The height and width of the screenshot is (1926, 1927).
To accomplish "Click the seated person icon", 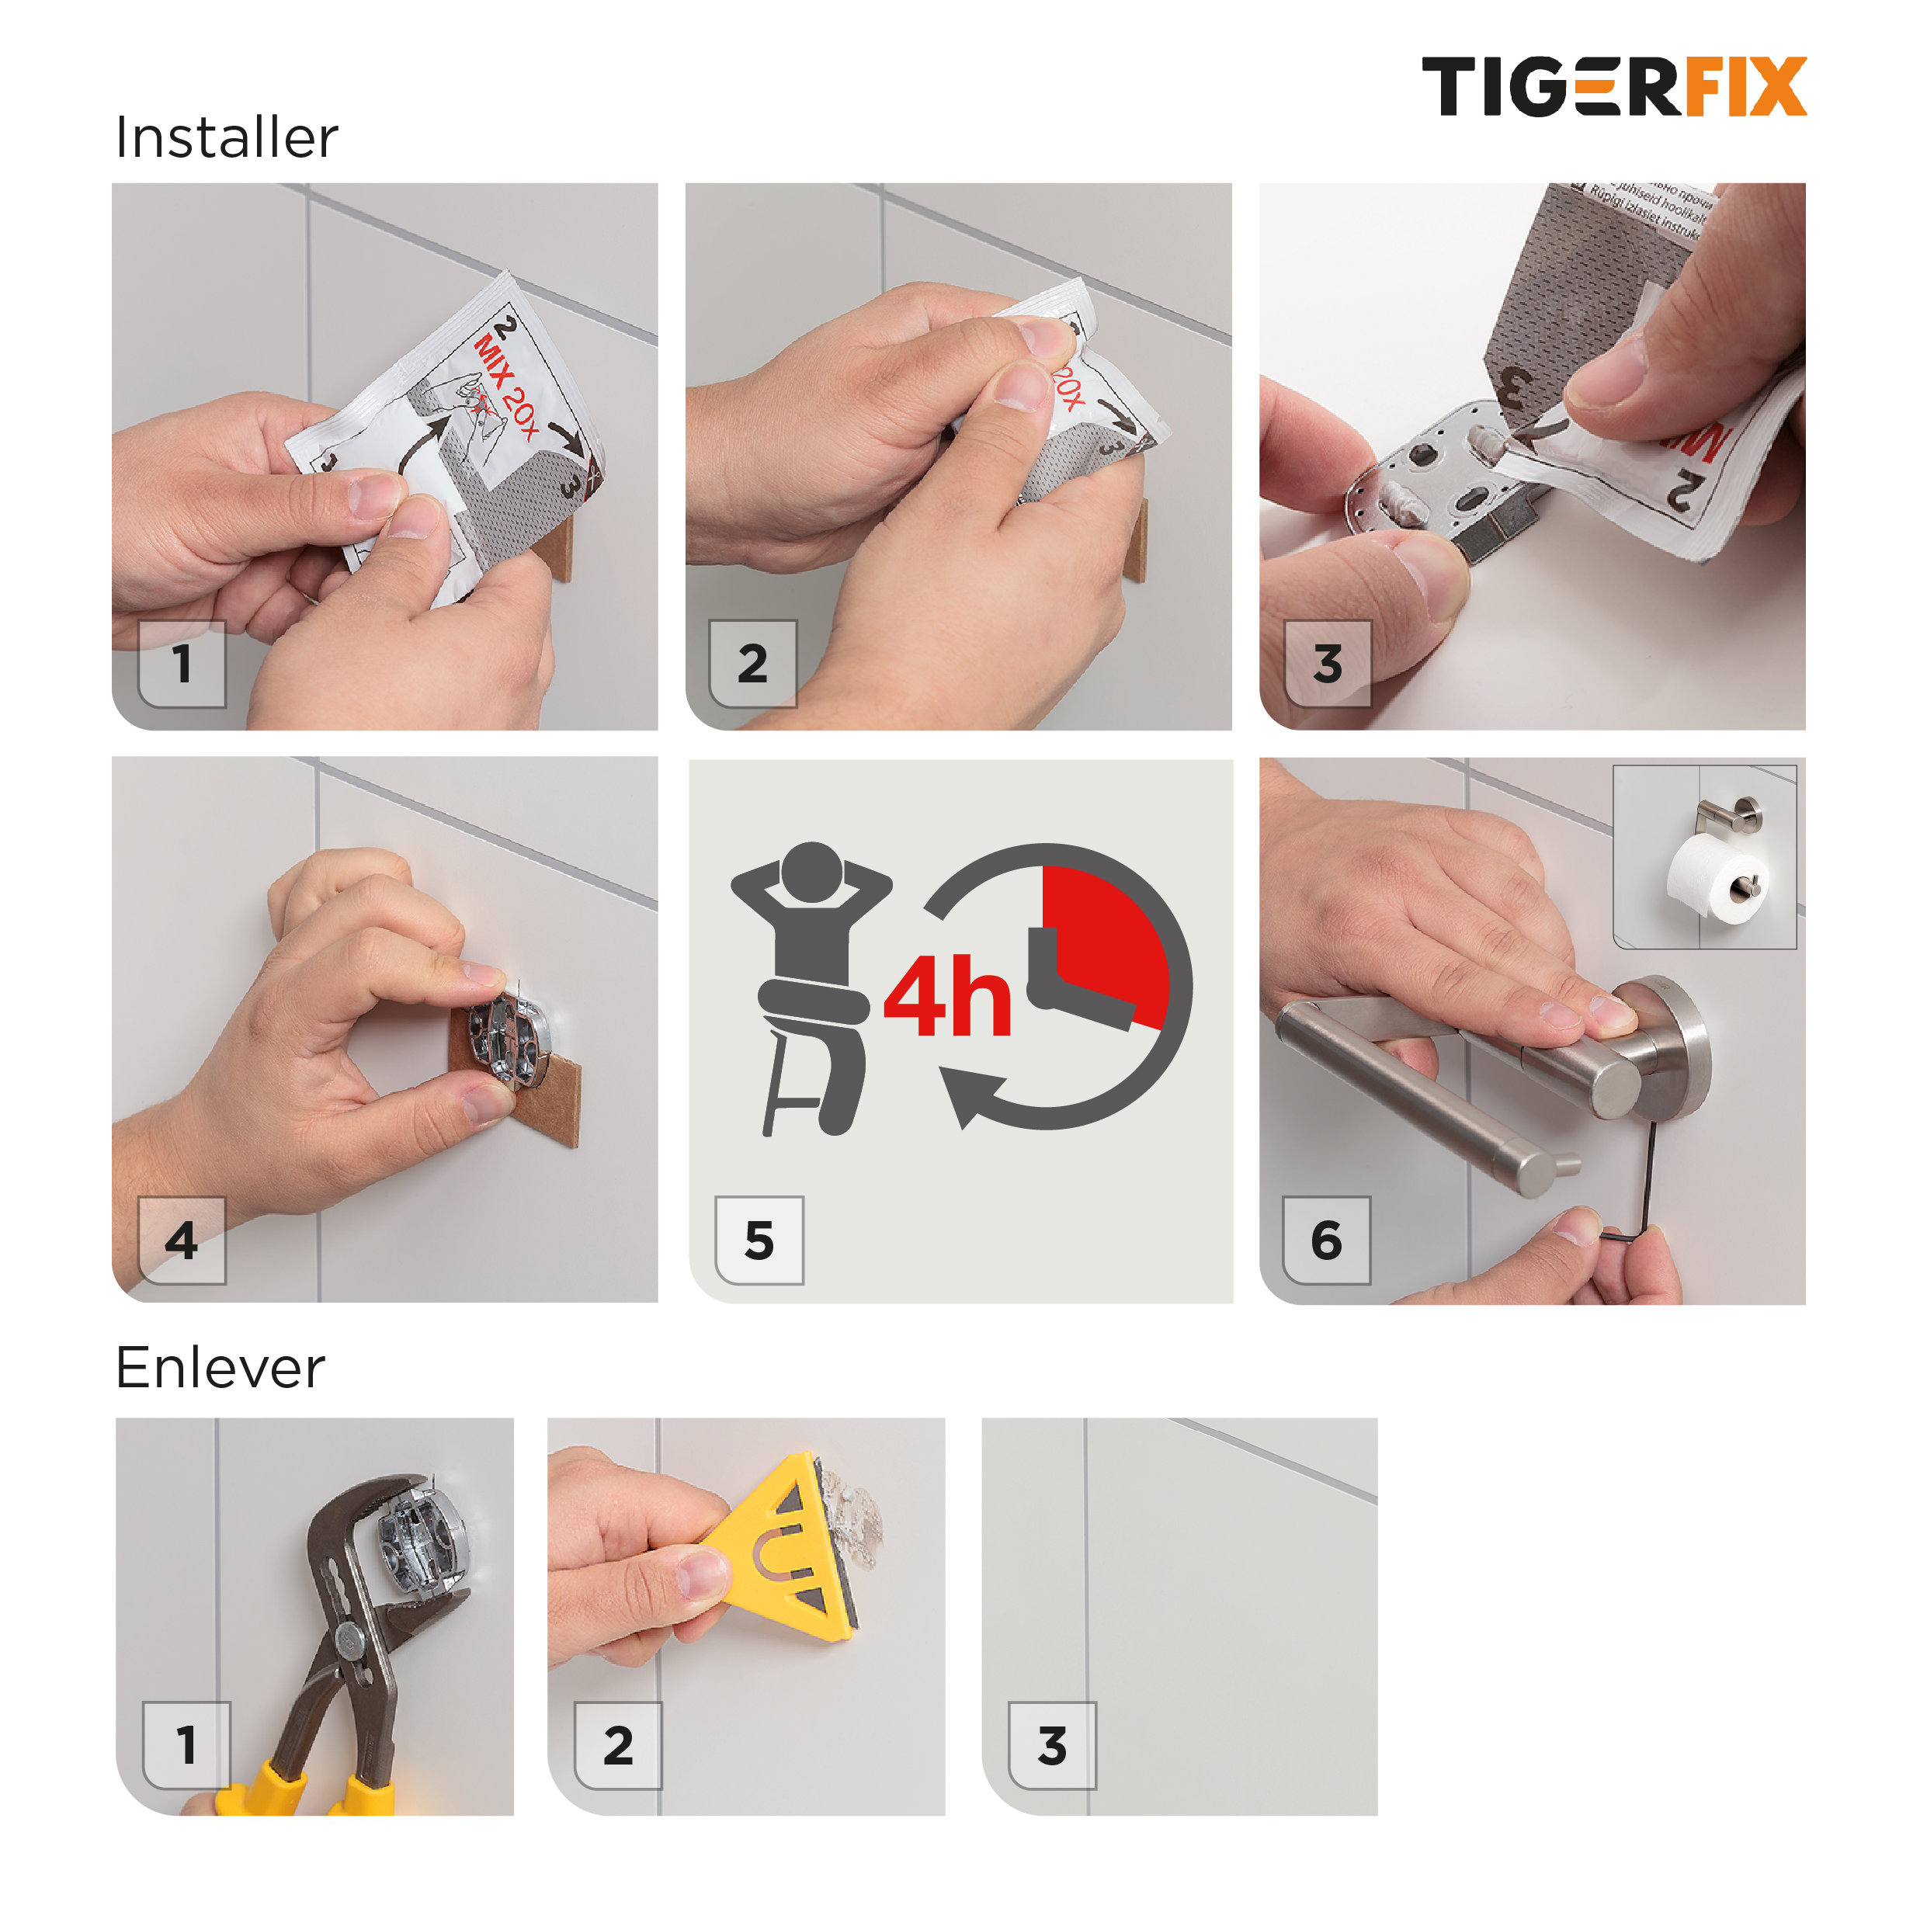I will tap(810, 983).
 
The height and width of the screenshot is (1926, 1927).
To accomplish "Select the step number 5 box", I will tap(759, 1240).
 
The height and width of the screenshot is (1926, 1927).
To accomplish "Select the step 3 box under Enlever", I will tap(1051, 1745).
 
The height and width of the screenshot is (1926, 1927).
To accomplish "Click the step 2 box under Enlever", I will tap(619, 1745).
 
